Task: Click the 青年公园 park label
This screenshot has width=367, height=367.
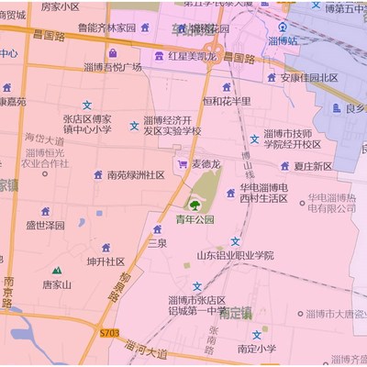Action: point(195,219)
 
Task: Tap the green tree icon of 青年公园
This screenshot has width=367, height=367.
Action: point(195,203)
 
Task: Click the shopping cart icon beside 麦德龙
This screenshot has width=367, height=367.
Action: point(182,164)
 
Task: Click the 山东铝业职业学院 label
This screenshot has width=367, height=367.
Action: point(235,255)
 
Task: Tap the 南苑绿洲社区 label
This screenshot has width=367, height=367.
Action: point(135,174)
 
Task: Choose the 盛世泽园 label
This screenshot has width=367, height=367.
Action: point(45,224)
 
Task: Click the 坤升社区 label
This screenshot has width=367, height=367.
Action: point(106,261)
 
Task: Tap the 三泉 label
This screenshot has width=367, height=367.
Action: point(157,243)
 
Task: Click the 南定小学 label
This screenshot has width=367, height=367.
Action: point(256,349)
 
